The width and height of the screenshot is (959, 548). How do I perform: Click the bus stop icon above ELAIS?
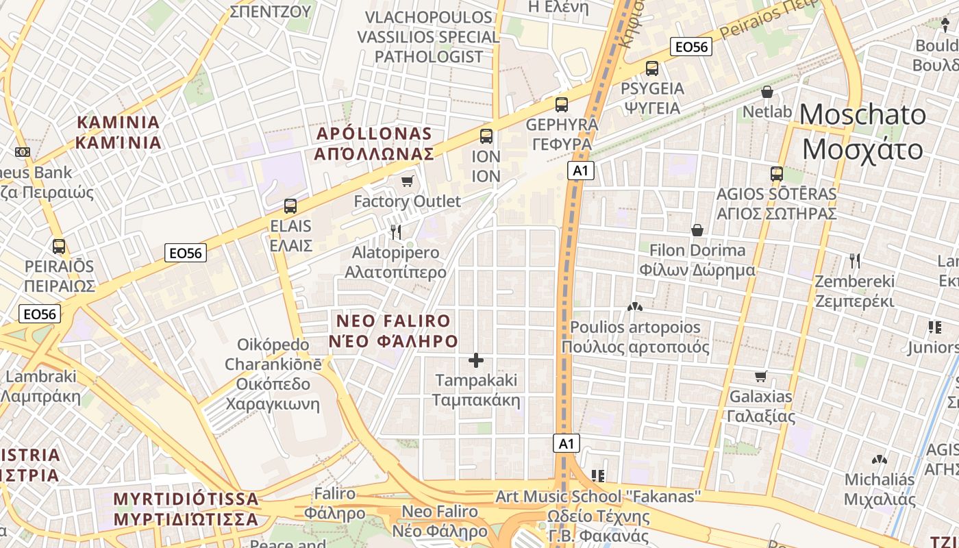[290, 206]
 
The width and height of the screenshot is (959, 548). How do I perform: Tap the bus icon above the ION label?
[486, 136]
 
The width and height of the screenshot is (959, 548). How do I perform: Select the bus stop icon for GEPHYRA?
[562, 105]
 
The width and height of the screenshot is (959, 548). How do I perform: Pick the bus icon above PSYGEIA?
[651, 68]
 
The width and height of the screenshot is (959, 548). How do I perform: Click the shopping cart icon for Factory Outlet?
[408, 181]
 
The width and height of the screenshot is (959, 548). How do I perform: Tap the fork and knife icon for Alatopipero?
[395, 232]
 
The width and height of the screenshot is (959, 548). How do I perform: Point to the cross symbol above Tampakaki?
[476, 360]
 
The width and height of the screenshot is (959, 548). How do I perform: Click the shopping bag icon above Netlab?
[767, 91]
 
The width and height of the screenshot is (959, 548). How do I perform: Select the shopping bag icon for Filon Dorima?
[697, 230]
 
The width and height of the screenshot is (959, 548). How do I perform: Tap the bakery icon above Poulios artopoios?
[635, 308]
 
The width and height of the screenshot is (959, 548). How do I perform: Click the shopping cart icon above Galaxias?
[760, 376]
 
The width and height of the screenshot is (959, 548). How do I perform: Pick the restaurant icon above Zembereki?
[854, 261]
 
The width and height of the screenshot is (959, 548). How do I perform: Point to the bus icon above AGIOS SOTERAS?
[776, 174]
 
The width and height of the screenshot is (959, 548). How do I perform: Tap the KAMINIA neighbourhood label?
[119, 132]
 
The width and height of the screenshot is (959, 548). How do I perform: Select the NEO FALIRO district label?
[393, 330]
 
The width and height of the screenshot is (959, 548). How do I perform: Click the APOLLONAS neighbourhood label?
[374, 143]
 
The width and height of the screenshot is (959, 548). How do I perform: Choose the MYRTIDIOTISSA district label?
[186, 508]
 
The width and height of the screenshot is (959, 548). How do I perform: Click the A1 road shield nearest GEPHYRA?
[580, 171]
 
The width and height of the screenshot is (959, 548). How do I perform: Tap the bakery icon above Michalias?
[880, 460]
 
